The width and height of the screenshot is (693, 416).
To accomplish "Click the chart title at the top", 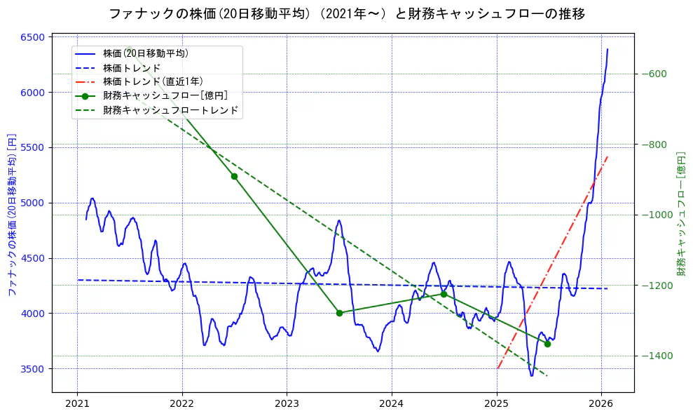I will coord(347,13).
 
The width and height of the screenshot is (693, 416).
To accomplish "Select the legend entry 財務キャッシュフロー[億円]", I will coord(165,96).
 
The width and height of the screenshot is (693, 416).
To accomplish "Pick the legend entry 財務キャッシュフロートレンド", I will coord(170,110).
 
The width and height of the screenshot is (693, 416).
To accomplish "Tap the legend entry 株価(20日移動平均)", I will coord(145,53).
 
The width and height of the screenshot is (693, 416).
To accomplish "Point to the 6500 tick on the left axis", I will coord(34,37).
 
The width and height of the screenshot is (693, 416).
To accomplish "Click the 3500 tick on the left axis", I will coord(34,369).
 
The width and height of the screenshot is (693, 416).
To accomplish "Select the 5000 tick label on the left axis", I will coord(34,203).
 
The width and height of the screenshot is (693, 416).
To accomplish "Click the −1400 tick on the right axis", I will coord(656,356).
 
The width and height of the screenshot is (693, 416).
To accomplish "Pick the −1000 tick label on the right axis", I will coord(656,215).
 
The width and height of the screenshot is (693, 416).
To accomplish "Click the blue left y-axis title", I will coord(11,214).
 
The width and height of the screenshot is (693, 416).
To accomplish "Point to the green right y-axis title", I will coord(680,214).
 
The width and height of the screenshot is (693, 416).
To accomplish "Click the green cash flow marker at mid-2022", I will coord(234,176).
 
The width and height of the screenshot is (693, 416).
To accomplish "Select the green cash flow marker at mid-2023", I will coord(339,313).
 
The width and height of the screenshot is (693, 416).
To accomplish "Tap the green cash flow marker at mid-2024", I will coord(444,294).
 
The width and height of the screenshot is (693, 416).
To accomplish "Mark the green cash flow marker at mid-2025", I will coord(547,344).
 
